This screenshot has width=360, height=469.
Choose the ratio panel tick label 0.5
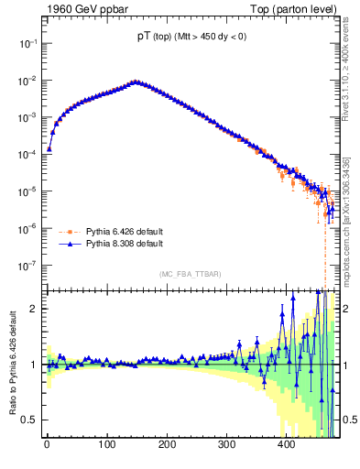[29, 420]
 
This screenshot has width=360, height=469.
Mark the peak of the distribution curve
[136, 82]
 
